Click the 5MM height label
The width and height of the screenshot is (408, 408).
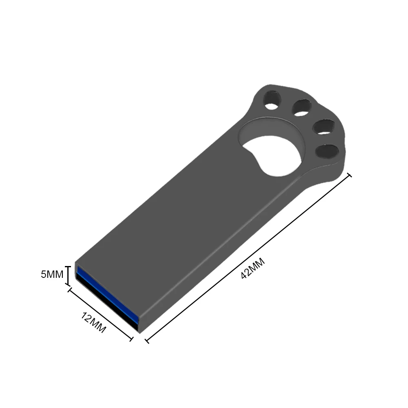click(x=52, y=275)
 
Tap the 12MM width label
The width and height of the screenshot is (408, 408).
click(x=94, y=322)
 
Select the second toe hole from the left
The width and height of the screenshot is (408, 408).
click(x=301, y=107)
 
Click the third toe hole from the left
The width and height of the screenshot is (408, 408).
click(x=322, y=126)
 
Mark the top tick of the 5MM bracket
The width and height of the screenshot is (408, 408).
click(x=68, y=266)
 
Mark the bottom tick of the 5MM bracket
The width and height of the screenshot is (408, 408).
click(x=68, y=284)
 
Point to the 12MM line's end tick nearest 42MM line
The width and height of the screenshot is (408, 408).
click(x=131, y=338)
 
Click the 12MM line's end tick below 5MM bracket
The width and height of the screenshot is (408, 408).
click(x=70, y=290)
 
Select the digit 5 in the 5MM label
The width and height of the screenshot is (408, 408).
click(x=43, y=275)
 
